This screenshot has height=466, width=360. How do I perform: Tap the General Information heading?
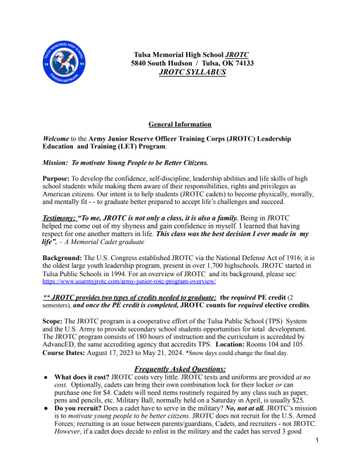181,124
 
